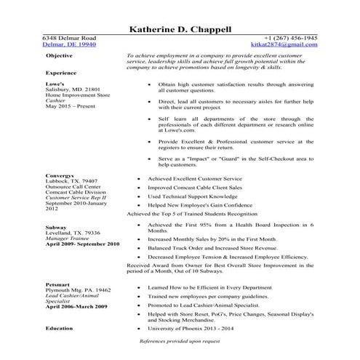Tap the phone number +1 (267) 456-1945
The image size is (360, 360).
coord(290,37)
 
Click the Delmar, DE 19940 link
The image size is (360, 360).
coord(68,44)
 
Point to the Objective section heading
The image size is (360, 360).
coord(59,55)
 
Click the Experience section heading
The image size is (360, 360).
coord(61,73)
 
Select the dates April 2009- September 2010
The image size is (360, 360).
coord(82,265)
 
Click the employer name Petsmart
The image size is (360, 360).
coord(58,284)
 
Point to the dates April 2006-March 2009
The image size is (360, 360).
coord(75,308)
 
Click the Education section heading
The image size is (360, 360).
coord(60,328)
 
